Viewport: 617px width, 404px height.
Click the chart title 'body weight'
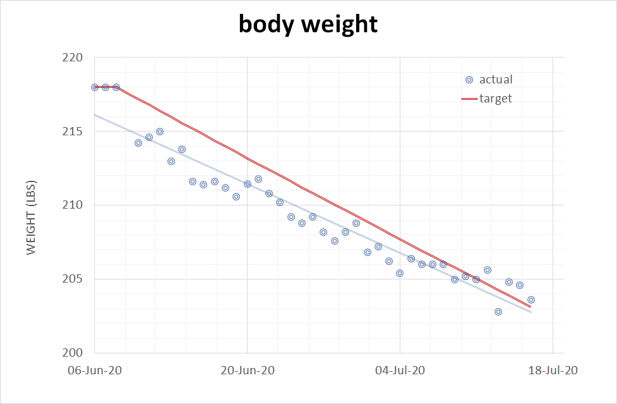pyautogui.click(x=308, y=24)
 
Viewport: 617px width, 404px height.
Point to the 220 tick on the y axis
pyautogui.click(x=75, y=58)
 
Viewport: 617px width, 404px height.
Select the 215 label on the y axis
pyautogui.click(x=75, y=132)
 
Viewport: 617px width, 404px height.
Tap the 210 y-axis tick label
pyautogui.click(x=75, y=205)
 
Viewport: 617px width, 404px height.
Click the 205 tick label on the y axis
pyautogui.click(x=75, y=279)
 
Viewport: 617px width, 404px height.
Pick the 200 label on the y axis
pyautogui.click(x=75, y=353)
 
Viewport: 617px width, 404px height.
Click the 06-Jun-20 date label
pyautogui.click(x=94, y=370)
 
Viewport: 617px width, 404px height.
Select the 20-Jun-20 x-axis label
pyautogui.click(x=247, y=370)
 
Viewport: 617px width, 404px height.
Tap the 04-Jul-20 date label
pyautogui.click(x=400, y=370)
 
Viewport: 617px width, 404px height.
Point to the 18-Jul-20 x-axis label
pyautogui.click(x=553, y=370)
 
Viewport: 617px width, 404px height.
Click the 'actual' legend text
pyautogui.click(x=496, y=80)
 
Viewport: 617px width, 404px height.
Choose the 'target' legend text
pyautogui.click(x=496, y=99)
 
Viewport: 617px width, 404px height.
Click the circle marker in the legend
pyautogui.click(x=469, y=80)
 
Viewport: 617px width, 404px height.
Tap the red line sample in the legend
pyautogui.click(x=469, y=99)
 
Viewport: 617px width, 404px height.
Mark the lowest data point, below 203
pyautogui.click(x=498, y=312)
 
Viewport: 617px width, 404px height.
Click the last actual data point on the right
pyautogui.click(x=531, y=300)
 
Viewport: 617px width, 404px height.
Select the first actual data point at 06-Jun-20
pyautogui.click(x=95, y=87)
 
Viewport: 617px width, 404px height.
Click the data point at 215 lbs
pyautogui.click(x=160, y=132)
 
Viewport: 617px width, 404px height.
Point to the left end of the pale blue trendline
pyautogui.click(x=95, y=115)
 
